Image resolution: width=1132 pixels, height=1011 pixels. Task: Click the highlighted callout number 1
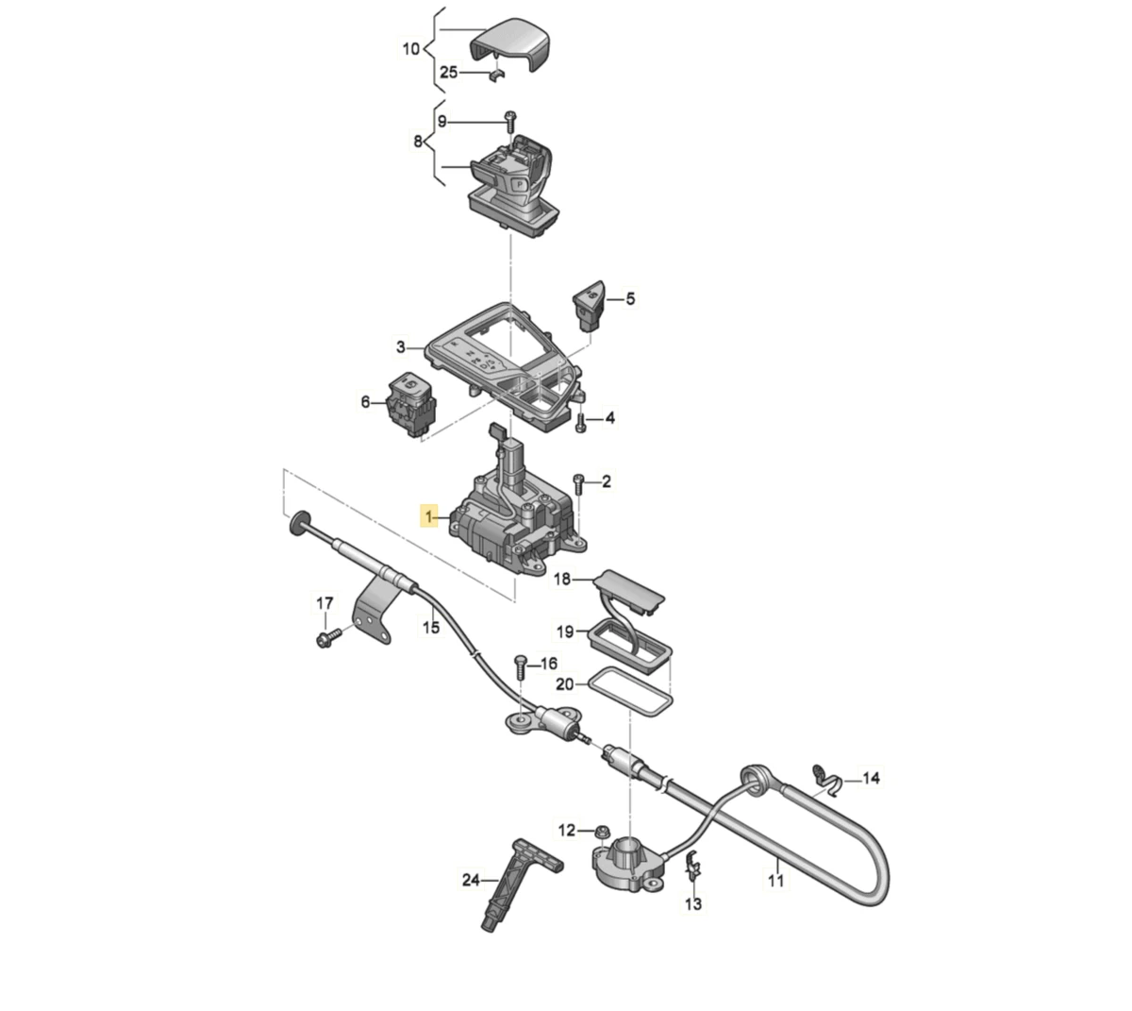[x=428, y=516]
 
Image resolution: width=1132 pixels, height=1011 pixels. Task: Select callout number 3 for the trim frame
[x=400, y=347]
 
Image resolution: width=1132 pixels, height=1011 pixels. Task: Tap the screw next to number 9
[x=510, y=122]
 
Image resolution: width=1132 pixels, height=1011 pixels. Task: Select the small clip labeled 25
[x=495, y=75]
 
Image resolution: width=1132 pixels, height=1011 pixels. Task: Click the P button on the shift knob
[x=519, y=183]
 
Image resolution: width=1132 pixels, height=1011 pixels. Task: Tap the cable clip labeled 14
[x=825, y=779]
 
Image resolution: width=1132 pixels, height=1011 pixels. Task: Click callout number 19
[x=565, y=632]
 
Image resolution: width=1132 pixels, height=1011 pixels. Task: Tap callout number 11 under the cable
[x=776, y=881]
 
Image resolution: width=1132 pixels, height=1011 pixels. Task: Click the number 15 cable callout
[x=431, y=627]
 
